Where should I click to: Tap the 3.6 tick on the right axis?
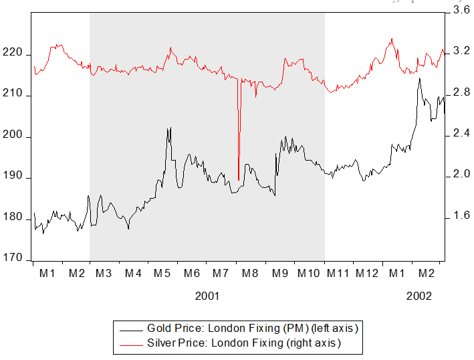(x=461, y=10)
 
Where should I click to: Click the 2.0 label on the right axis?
(x=461, y=175)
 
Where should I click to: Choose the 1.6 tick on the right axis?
(x=461, y=215)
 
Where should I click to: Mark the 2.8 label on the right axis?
(x=461, y=92)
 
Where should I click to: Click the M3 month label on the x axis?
(x=104, y=274)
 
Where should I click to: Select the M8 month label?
(x=251, y=274)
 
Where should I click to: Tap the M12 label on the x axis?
(x=368, y=274)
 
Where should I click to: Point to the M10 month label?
(x=309, y=274)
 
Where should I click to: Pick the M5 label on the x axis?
(x=162, y=274)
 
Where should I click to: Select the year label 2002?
(x=419, y=296)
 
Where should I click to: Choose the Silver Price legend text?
(x=244, y=344)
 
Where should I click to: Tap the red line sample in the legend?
(x=130, y=344)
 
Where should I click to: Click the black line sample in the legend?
(x=130, y=329)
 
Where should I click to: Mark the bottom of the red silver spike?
(x=238, y=180)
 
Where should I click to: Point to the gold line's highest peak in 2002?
(x=419, y=78)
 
